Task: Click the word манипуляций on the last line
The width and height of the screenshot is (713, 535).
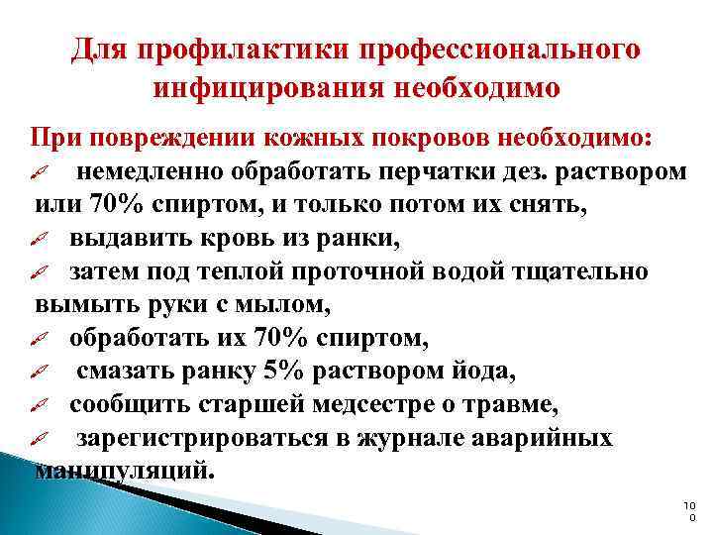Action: (x=123, y=471)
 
